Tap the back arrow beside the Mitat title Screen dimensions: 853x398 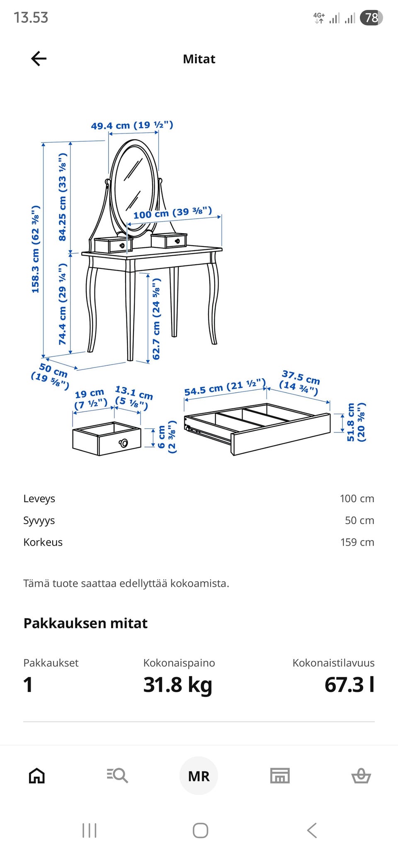point(39,59)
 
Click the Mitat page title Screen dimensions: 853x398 point(199,59)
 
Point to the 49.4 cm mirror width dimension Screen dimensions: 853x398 point(132,125)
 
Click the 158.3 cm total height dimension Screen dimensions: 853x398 point(36,249)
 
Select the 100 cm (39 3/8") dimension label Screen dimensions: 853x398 point(172,213)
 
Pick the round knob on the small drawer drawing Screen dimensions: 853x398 point(124,443)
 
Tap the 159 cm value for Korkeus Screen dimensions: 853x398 point(357,542)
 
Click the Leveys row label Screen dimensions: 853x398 point(39,499)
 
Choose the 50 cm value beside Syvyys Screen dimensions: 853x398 point(359,520)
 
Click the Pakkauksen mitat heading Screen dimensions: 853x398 point(85,623)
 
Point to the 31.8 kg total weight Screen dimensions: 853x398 point(177,684)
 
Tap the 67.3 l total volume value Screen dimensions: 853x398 point(349,684)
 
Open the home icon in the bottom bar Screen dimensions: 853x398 point(36,776)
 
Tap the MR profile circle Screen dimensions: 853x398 point(199,776)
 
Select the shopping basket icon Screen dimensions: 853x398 point(361,776)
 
